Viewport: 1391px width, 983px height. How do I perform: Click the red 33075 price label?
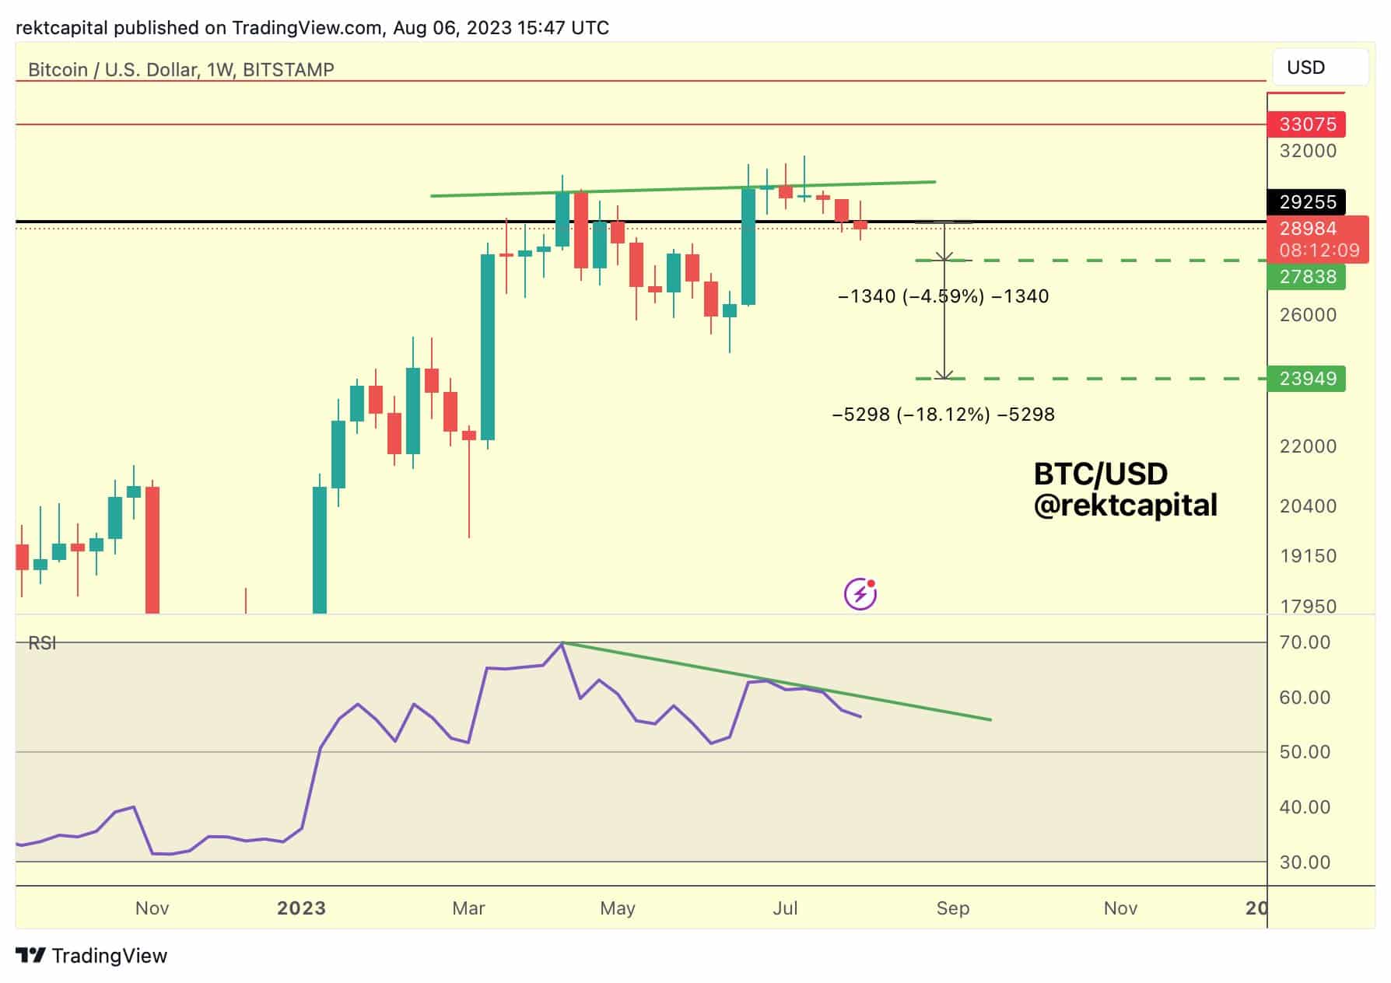(x=1307, y=124)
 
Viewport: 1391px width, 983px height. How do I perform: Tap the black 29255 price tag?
(x=1307, y=202)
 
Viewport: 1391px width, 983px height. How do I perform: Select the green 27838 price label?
(x=1307, y=277)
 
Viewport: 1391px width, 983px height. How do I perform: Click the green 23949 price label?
(x=1307, y=379)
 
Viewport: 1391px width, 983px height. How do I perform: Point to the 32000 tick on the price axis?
(x=1307, y=151)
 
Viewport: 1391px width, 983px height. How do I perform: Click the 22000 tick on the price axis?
(x=1307, y=446)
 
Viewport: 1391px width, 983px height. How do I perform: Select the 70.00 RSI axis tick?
(x=1304, y=642)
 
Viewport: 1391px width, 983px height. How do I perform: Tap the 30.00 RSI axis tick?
(x=1304, y=862)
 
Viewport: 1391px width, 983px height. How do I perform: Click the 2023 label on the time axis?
(x=301, y=908)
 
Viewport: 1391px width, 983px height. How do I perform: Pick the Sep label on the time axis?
(x=952, y=908)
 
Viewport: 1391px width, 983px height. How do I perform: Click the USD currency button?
(x=1319, y=68)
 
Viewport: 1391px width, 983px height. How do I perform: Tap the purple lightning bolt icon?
(x=860, y=595)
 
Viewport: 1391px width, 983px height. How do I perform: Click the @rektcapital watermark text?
(x=1125, y=506)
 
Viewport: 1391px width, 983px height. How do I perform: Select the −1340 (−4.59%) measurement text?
(x=943, y=296)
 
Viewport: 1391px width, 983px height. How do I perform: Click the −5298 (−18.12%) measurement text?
(x=943, y=415)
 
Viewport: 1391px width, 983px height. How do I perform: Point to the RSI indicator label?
(x=42, y=643)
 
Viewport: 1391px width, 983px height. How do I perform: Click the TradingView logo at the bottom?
(x=92, y=956)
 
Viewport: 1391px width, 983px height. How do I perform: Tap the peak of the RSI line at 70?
(x=562, y=643)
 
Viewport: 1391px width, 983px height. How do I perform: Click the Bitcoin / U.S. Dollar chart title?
(x=180, y=70)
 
